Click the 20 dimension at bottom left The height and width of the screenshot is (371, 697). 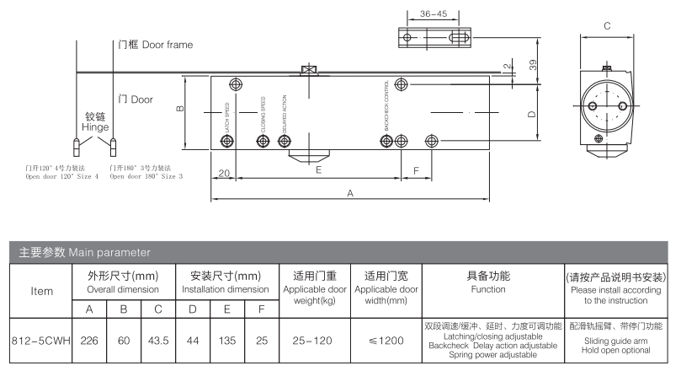[x=223, y=173]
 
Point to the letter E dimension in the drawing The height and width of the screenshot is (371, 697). [x=317, y=170]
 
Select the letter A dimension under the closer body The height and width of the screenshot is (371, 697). [x=349, y=194]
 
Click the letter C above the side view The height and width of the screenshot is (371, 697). [x=607, y=26]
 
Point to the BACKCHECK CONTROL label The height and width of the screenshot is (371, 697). [x=387, y=105]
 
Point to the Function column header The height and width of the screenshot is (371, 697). [x=488, y=282]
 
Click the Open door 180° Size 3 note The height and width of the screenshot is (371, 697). [x=146, y=177]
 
